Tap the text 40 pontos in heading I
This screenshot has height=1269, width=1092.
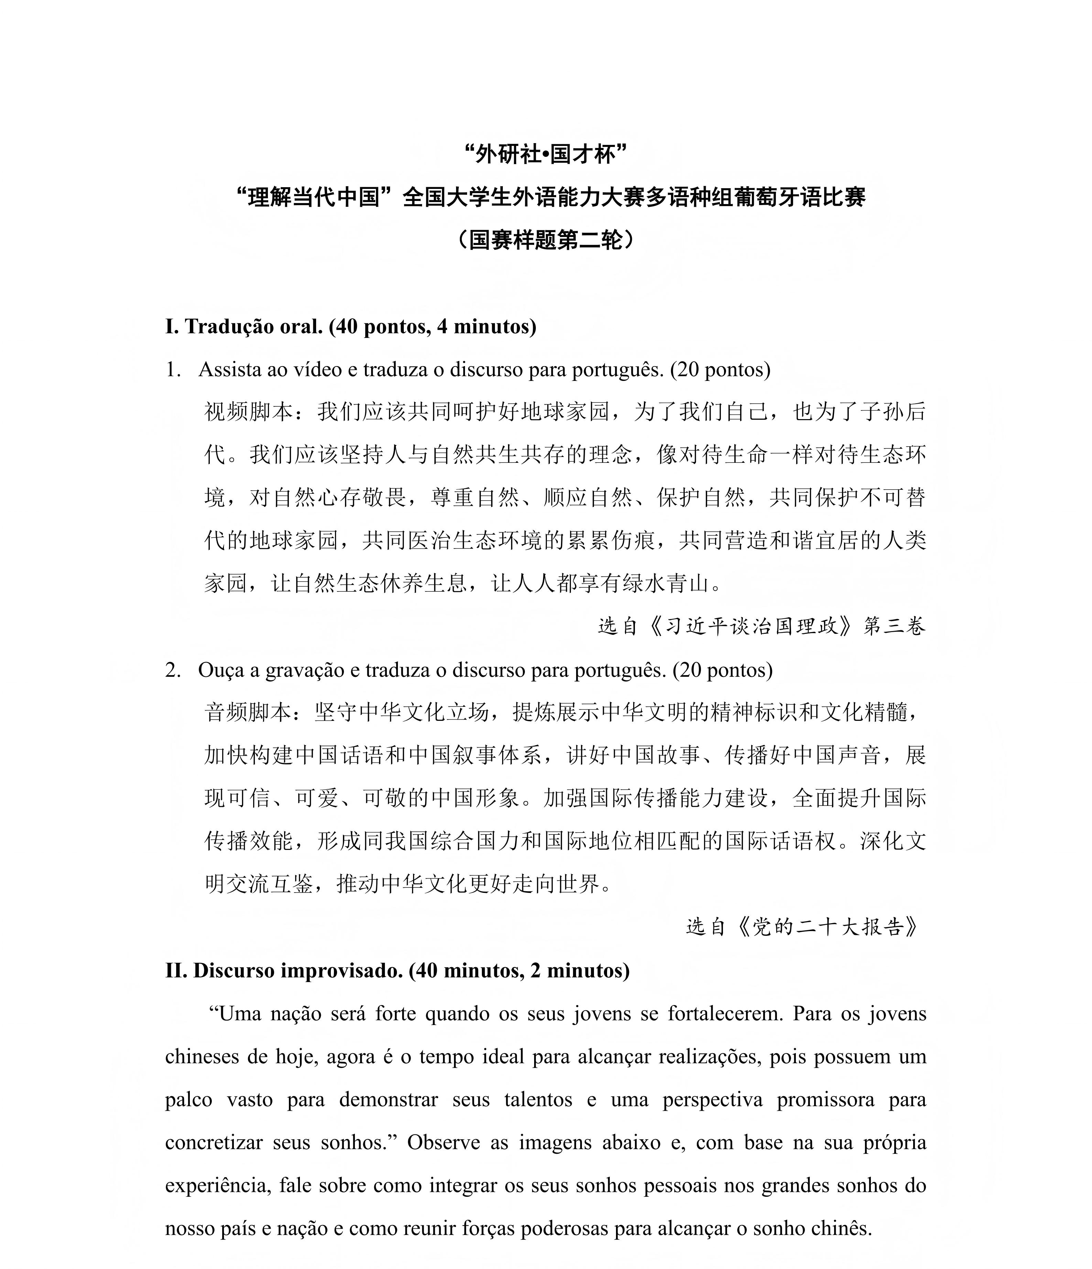382,327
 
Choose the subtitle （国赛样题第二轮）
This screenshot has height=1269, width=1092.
545,239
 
